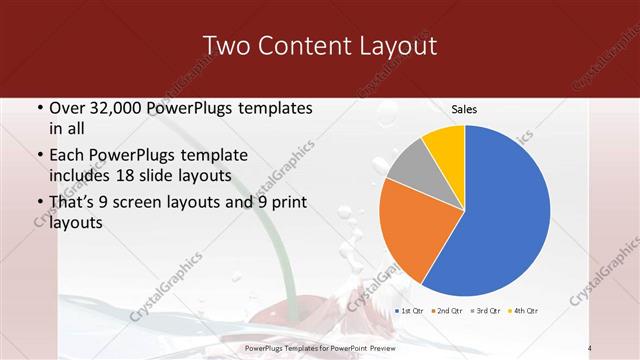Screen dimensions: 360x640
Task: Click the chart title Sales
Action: coord(464,108)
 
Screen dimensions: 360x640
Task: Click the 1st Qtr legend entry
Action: coord(411,311)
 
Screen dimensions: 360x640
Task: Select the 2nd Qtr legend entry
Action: coord(448,311)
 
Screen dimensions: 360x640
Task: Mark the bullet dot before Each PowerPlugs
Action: coord(38,156)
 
